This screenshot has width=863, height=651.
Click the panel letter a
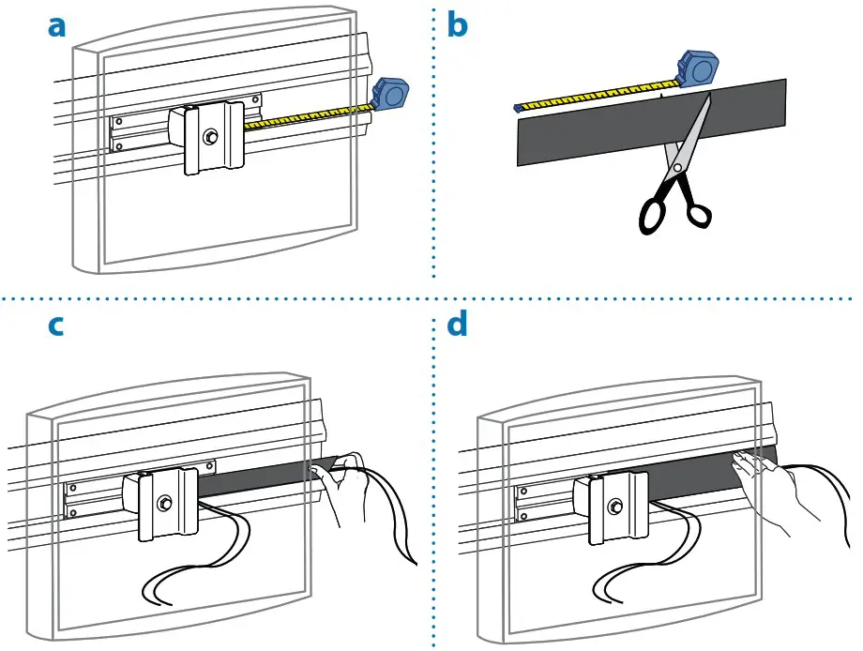[57, 27]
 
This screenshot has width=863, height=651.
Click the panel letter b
[457, 26]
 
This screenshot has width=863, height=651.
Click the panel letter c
[57, 326]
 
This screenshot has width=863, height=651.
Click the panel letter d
[457, 325]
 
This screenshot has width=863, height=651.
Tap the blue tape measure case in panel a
[389, 95]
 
